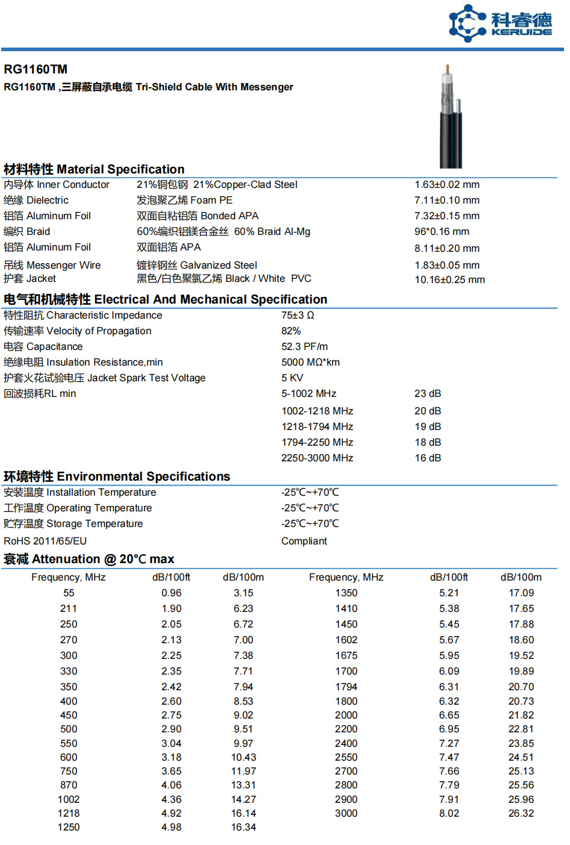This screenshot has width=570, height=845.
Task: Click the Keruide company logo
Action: coord(500,23)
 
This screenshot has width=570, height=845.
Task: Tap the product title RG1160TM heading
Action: coord(36,69)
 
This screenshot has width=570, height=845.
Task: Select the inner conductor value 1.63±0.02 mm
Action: coord(446,185)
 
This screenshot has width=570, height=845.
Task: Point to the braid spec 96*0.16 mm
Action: coord(442,232)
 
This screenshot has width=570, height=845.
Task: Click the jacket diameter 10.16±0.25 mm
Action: coord(449,280)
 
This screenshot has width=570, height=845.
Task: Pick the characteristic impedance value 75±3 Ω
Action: coord(298,316)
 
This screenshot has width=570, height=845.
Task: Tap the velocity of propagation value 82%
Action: coord(291,331)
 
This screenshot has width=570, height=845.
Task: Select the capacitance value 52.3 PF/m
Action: coord(304,347)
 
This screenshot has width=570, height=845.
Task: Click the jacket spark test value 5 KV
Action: coord(292,378)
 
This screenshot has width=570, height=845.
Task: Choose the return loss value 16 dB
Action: coord(428,458)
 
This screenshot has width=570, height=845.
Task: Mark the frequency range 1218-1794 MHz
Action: coord(317,427)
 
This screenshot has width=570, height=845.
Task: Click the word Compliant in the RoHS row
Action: coord(304,541)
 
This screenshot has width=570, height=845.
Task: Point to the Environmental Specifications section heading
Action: coord(117,477)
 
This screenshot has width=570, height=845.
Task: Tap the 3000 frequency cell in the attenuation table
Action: coord(346,814)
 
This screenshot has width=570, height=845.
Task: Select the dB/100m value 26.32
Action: coord(521,814)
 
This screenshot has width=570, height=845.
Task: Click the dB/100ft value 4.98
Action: coord(171,828)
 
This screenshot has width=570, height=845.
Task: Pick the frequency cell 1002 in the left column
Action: coord(69,800)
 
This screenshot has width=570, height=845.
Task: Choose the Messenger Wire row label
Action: coord(52,266)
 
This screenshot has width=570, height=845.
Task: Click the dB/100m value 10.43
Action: coord(243,758)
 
